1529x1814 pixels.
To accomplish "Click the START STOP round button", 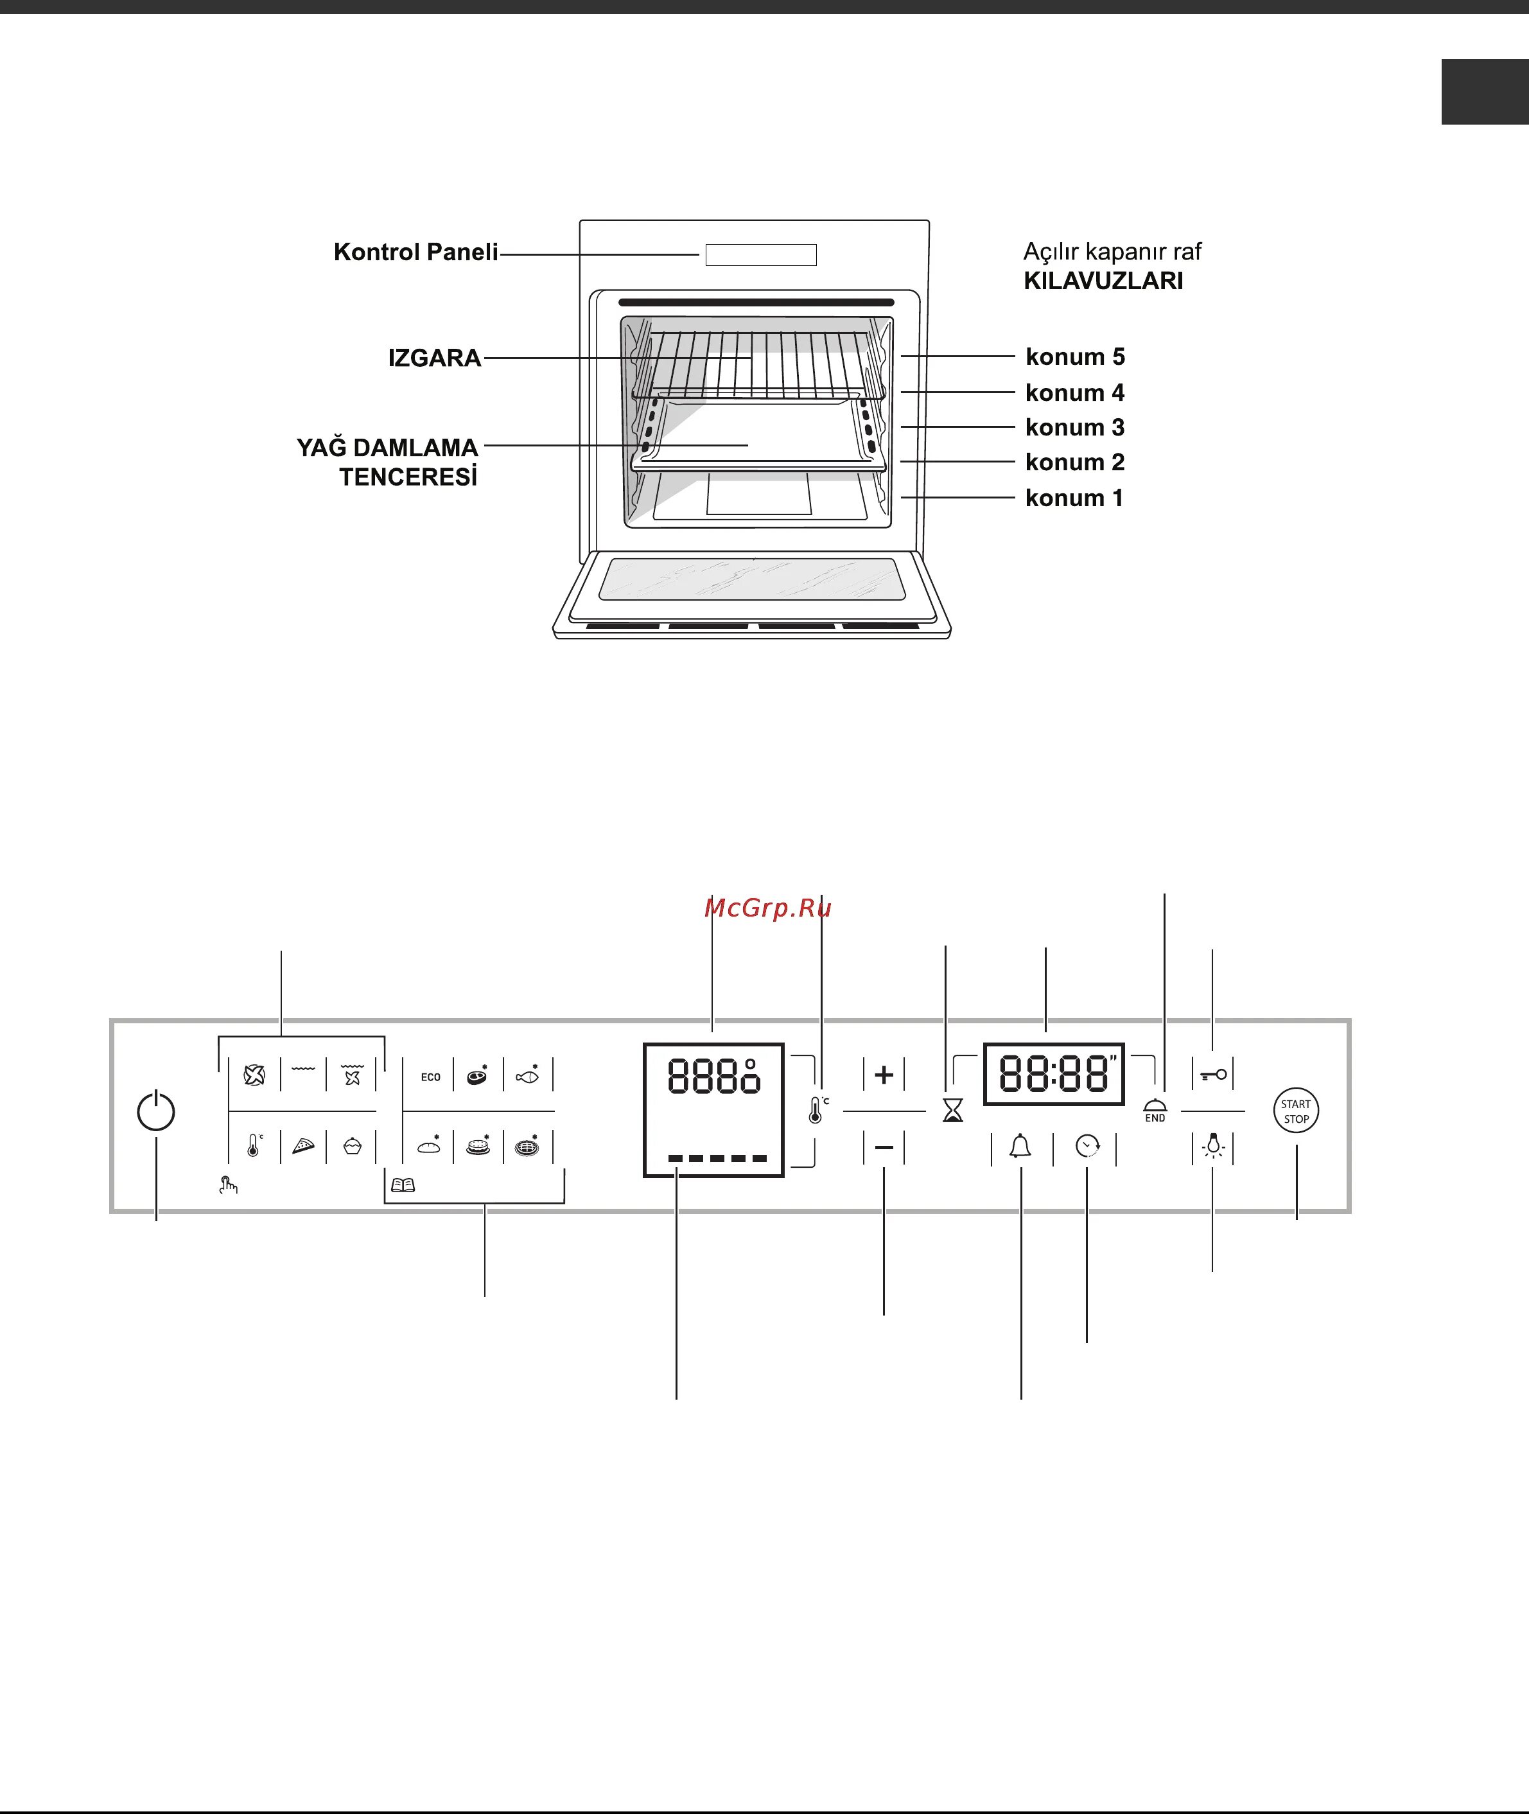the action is [x=1296, y=1111].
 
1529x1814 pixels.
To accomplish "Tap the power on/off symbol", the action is [x=156, y=1111].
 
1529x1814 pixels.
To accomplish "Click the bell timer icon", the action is [x=1020, y=1147].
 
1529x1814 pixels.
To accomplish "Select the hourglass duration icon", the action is [x=952, y=1111].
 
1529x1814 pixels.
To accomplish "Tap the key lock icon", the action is [x=1214, y=1075].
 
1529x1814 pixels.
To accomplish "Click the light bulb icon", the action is [x=1214, y=1147].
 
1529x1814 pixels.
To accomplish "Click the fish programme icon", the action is [x=527, y=1076].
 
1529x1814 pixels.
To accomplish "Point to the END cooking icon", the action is [x=1155, y=1111].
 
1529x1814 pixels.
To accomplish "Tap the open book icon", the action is [x=403, y=1184].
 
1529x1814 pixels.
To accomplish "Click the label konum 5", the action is [x=1075, y=357].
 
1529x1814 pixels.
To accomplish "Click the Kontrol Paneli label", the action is [x=416, y=252].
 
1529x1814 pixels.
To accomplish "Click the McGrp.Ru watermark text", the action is [x=768, y=908].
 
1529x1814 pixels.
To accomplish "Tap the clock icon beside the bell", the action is [x=1087, y=1147].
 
